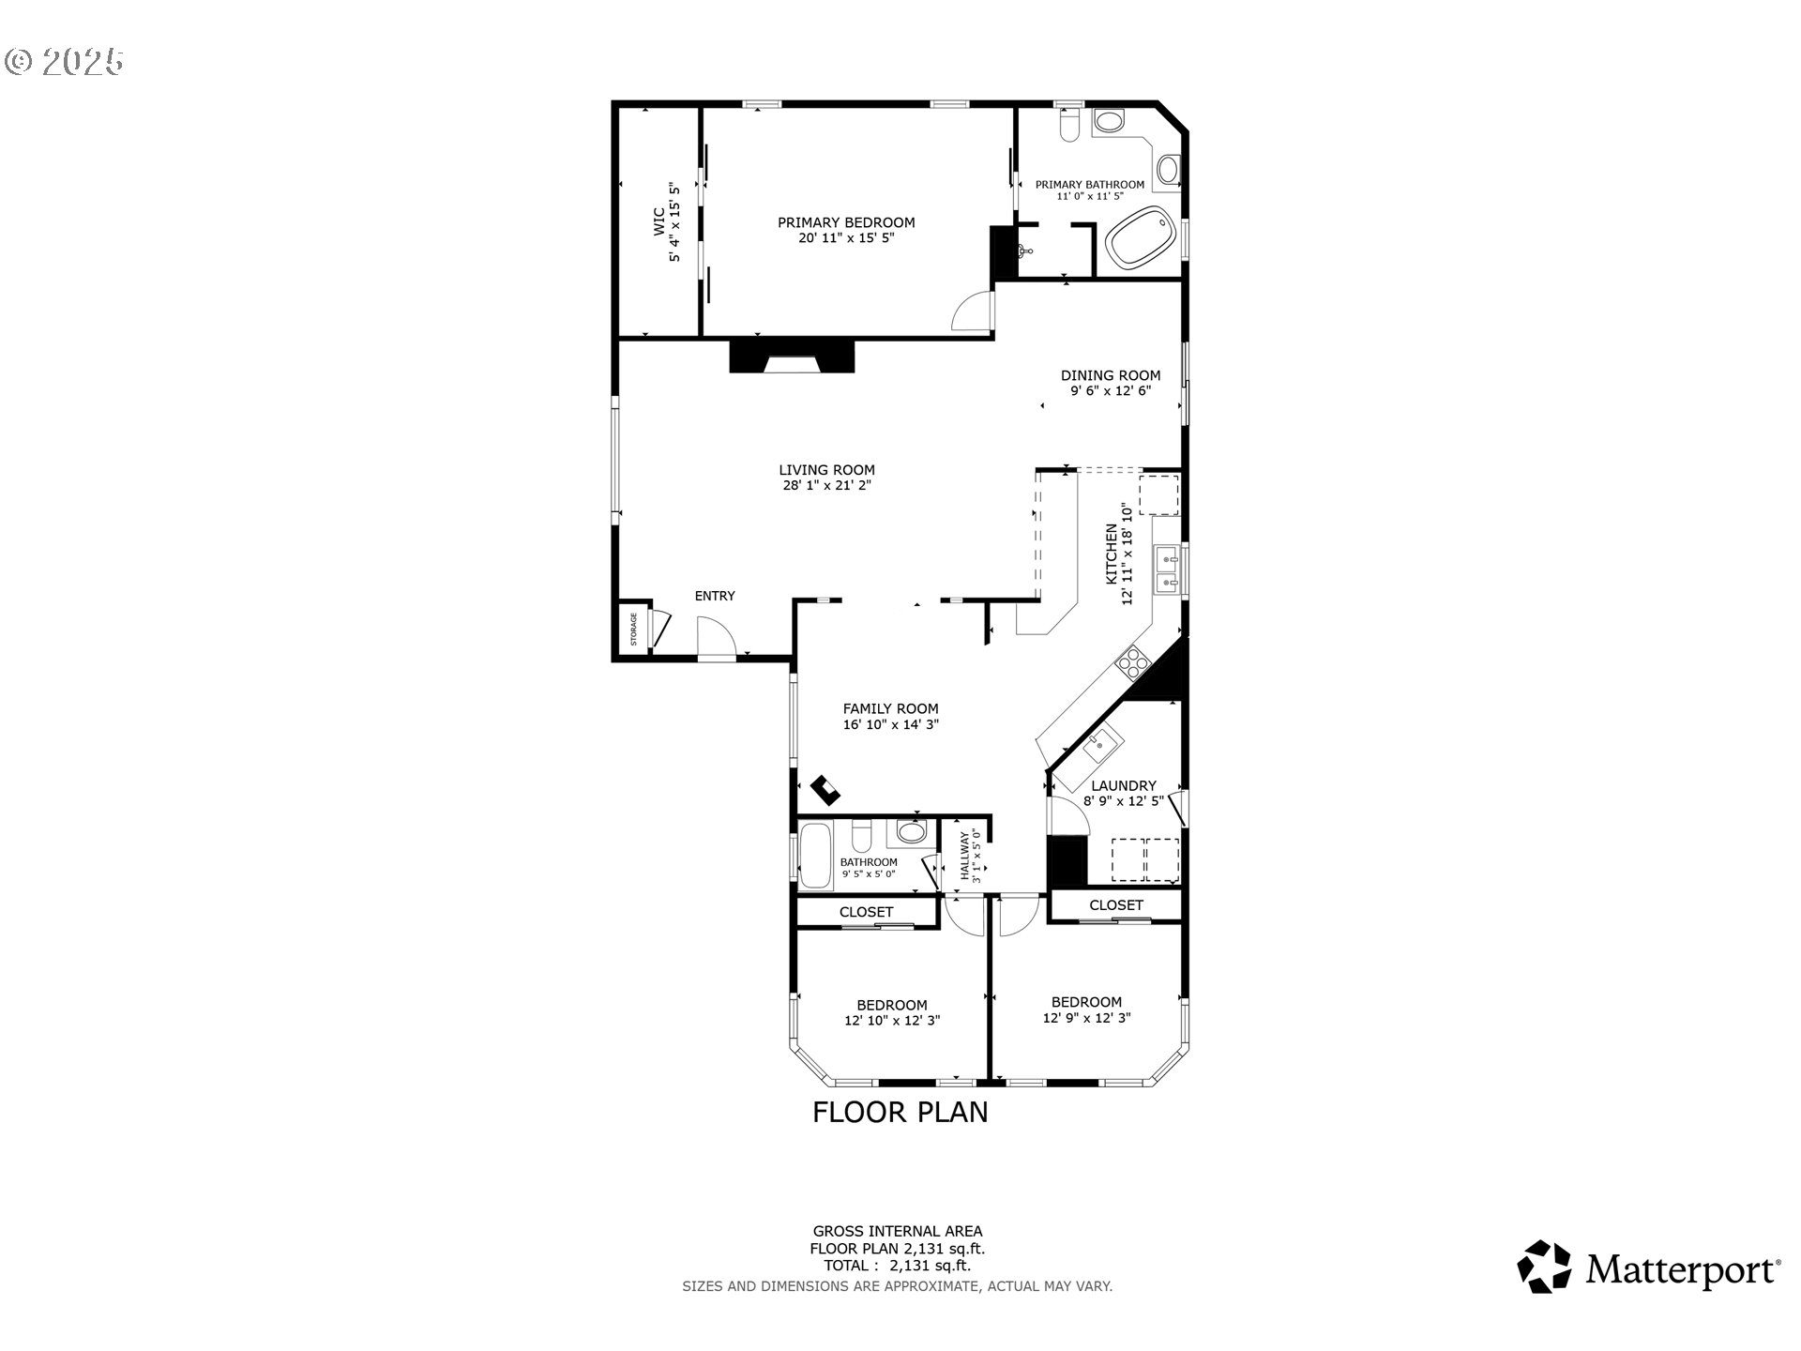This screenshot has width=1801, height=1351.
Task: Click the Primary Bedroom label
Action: coord(845,223)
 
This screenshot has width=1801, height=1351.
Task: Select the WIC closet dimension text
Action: coord(673,222)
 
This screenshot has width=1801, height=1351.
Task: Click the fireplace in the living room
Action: coord(793,357)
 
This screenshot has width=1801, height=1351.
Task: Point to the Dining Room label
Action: coord(1110,375)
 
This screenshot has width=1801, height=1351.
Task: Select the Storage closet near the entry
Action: coord(633,630)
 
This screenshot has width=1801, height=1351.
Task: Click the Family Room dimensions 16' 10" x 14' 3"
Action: coord(890,725)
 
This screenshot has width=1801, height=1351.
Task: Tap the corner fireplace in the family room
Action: coord(826,790)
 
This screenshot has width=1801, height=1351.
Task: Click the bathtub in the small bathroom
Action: coord(815,856)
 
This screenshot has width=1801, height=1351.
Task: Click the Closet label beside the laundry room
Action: coord(1115,905)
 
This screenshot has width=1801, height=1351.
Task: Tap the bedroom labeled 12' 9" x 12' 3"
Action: coord(1086,1009)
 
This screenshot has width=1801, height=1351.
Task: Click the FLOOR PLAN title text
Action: coord(900,1112)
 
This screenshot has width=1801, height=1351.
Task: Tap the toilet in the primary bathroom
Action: coord(1068,126)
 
